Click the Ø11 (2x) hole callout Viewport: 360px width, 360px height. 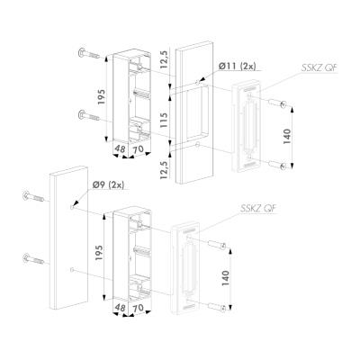coord(238,67)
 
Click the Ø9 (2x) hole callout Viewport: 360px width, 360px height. coord(108,185)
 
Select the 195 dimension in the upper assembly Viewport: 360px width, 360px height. coord(101,97)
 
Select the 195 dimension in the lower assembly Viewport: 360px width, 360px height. coord(99,253)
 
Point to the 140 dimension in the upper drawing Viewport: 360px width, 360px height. coord(287,138)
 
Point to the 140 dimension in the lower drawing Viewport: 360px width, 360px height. coord(225,278)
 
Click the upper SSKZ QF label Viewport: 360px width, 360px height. coord(319,68)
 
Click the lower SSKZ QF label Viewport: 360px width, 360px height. coord(258,208)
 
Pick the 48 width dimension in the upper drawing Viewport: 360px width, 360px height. coord(120,148)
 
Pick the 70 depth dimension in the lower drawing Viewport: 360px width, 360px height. coord(138,307)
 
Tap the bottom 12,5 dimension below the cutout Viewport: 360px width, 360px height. coord(164,169)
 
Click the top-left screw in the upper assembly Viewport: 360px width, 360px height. coord(89,54)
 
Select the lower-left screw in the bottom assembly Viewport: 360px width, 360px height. coord(33,258)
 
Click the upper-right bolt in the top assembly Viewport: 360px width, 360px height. coord(278,103)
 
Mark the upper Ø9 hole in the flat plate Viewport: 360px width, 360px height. coord(72,207)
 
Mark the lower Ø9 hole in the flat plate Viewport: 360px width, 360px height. coord(71,270)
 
